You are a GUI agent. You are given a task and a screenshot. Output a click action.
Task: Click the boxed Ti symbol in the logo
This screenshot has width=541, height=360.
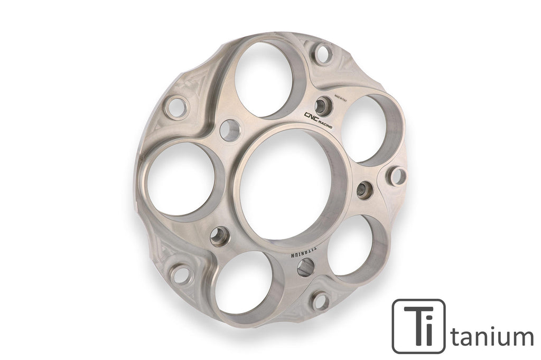tap(418, 326)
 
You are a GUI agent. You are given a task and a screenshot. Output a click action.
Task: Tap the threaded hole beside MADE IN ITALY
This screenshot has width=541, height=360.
tap(323, 106)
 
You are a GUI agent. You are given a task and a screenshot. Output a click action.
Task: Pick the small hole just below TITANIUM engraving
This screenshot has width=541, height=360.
tap(306, 268)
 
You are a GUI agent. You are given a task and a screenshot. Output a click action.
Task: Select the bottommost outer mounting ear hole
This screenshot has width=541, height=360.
tap(320, 301)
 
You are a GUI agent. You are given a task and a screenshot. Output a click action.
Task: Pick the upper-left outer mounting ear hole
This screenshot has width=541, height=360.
tap(176, 108)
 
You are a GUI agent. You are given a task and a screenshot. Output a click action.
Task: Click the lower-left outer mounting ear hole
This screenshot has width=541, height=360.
tap(180, 274)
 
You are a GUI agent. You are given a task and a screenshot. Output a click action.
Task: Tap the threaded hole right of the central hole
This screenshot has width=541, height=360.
tap(364, 190)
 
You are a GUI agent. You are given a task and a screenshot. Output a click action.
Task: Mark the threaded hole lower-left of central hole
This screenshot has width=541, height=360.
tap(219, 236)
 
